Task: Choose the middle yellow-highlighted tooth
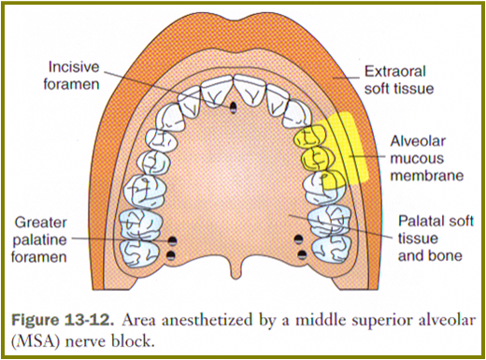point(316,157)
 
